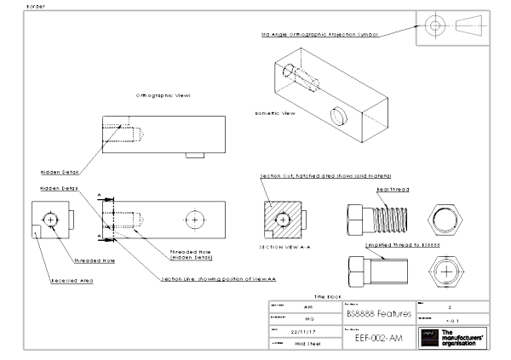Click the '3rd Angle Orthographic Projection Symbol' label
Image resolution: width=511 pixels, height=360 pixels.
click(x=319, y=35)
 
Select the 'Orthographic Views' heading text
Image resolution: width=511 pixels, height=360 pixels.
click(x=164, y=95)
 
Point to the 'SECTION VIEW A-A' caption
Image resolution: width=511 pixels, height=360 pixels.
click(x=284, y=247)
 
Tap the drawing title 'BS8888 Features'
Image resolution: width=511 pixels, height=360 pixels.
click(x=377, y=314)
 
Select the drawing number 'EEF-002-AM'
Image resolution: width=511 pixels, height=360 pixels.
click(x=377, y=338)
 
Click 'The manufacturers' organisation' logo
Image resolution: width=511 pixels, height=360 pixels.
click(x=452, y=337)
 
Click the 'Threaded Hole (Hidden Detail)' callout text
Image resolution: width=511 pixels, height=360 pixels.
click(x=191, y=254)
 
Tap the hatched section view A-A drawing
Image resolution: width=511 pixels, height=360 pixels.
click(x=284, y=219)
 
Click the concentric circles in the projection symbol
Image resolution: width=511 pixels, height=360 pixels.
click(x=436, y=26)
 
